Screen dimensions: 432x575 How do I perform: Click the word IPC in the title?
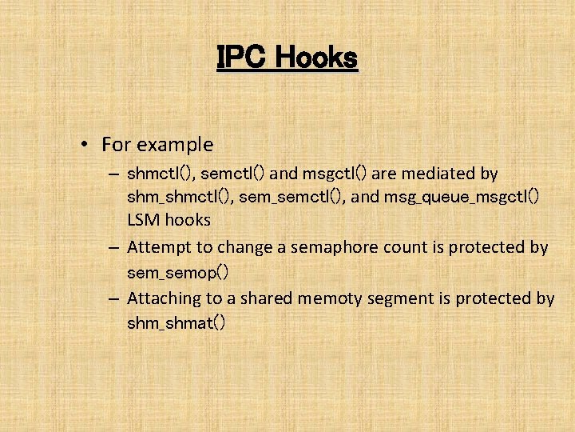236,57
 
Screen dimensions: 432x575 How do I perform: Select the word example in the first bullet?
175,145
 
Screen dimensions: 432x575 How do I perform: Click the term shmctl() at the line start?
161,174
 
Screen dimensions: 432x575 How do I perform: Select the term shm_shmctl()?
177,196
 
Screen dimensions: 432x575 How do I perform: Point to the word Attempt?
157,247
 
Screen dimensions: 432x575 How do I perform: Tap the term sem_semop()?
178,273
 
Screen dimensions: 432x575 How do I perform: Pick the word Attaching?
165,298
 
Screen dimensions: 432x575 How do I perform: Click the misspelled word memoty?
328,298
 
